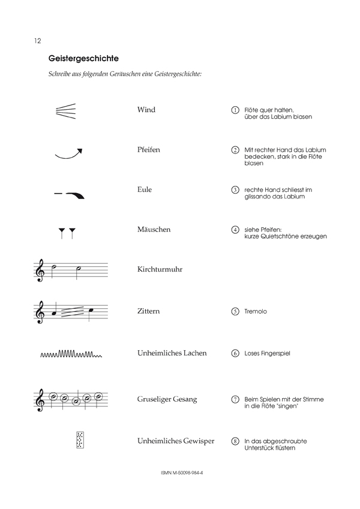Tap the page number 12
click(37, 41)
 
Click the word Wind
click(146, 110)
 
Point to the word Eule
click(145, 189)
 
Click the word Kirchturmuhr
click(160, 270)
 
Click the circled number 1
click(235, 110)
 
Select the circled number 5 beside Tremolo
click(235, 312)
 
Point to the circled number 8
click(235, 441)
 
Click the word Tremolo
click(256, 312)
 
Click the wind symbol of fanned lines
click(65, 111)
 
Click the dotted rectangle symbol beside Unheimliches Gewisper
click(79, 440)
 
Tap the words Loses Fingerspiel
click(267, 354)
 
